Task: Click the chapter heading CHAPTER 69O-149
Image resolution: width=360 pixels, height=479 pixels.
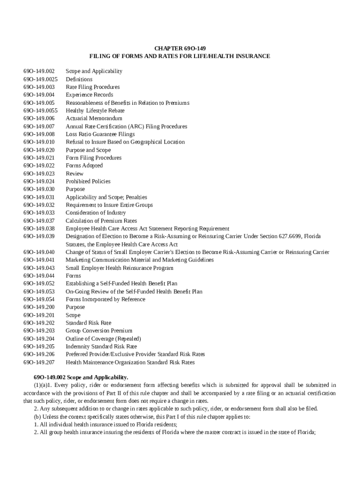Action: point(180,48)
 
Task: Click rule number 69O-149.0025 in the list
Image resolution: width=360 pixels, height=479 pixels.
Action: point(41,79)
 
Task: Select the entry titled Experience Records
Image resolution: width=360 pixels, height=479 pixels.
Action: point(89,95)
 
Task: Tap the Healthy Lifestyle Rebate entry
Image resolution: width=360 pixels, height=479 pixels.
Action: point(95,110)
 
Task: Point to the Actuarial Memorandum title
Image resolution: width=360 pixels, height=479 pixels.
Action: point(94,118)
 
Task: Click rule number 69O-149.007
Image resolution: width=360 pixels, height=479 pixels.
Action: point(39,126)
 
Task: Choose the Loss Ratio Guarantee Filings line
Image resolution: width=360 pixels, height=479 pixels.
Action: point(100,134)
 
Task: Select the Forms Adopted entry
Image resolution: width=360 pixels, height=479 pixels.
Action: point(84,166)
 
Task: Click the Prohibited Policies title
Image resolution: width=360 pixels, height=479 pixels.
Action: point(88,181)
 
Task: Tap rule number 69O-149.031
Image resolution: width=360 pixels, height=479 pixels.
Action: point(39,197)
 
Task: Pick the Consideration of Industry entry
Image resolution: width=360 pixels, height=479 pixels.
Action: point(95,213)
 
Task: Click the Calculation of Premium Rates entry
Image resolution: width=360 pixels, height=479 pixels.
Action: point(101,221)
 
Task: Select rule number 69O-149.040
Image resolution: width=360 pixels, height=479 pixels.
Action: point(39,252)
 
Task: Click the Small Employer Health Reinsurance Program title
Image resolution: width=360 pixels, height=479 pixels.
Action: point(119,268)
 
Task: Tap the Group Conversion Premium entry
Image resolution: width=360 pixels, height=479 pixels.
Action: point(99,331)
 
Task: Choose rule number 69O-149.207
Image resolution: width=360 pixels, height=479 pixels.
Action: point(39,362)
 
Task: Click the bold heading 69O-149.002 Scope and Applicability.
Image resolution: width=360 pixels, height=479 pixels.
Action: point(81,377)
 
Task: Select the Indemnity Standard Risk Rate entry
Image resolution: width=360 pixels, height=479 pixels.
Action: point(101,347)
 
